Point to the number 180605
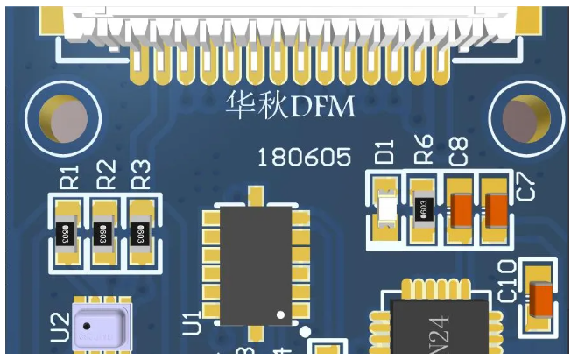(303, 158)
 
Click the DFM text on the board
(324, 108)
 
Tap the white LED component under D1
(386, 210)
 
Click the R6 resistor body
(423, 209)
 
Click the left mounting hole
(63, 119)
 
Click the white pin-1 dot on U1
(281, 314)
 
